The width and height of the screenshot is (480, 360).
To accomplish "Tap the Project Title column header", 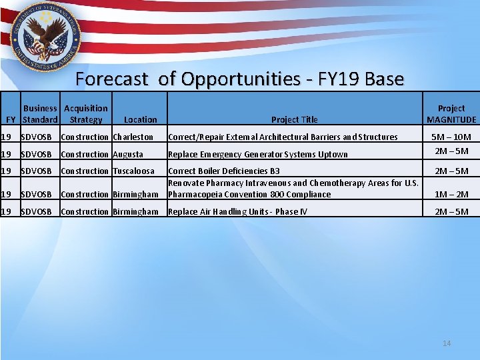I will (x=294, y=120).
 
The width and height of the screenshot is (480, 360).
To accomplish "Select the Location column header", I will (x=140, y=120).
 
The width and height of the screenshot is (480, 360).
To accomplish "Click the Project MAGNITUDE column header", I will (x=451, y=113).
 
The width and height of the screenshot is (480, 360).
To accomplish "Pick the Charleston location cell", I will (x=133, y=137).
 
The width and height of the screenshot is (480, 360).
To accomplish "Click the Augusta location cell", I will (x=128, y=155).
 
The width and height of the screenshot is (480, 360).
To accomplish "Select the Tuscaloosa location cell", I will (x=133, y=171).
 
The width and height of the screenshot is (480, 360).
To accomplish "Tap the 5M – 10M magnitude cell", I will (x=451, y=137).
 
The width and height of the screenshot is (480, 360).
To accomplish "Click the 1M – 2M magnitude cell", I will (x=451, y=195).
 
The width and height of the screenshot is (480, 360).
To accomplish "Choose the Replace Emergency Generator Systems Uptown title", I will (x=257, y=155).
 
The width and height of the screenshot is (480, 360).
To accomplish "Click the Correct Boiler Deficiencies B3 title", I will (x=224, y=171).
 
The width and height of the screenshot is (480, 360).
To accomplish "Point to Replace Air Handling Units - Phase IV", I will (x=237, y=212).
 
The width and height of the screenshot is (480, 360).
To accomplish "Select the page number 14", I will (x=446, y=343).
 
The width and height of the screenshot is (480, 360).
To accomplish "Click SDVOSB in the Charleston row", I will (x=36, y=137).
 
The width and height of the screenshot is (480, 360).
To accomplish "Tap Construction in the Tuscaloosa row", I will (x=84, y=171).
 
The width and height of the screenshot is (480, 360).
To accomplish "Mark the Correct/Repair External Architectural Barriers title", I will (x=283, y=137).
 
